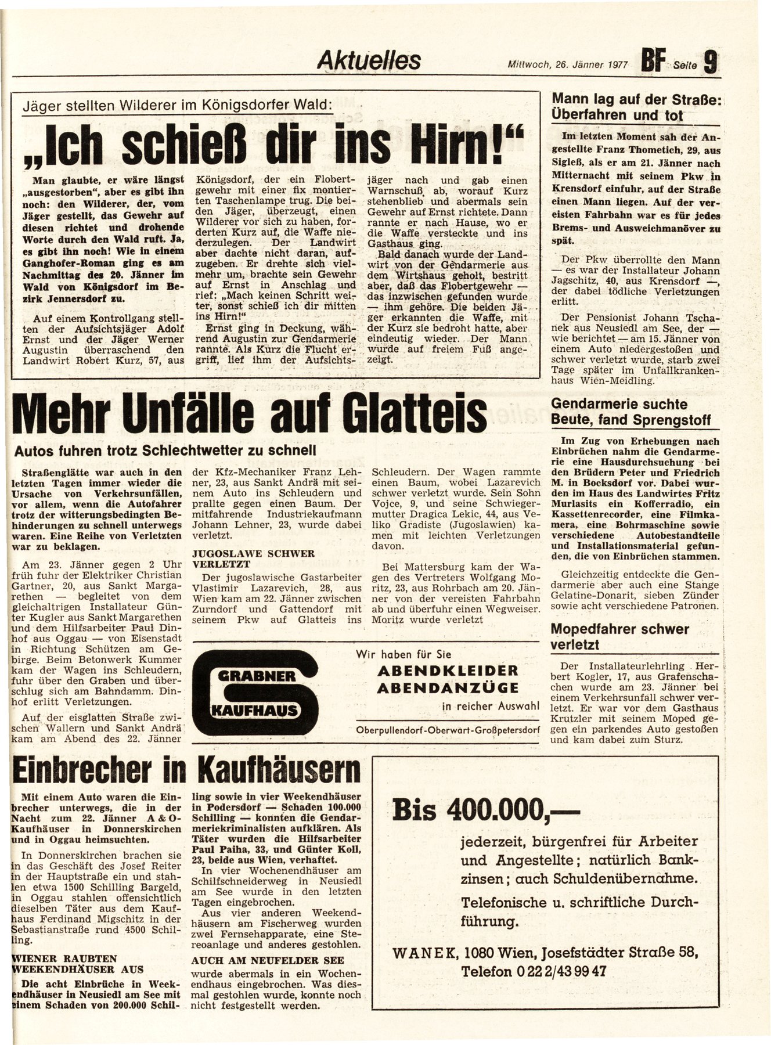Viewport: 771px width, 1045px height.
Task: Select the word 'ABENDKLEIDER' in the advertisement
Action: click(x=448, y=670)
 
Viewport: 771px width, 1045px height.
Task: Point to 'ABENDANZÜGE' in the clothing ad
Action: click(x=448, y=688)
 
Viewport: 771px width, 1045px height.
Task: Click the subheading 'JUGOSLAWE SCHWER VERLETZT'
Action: click(x=238, y=558)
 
